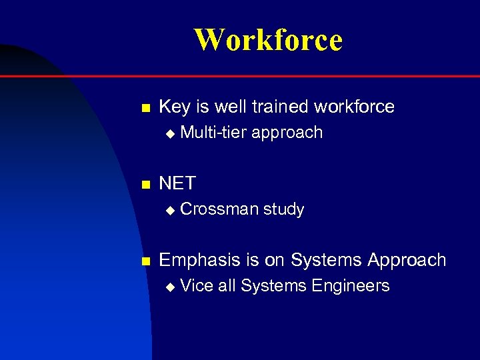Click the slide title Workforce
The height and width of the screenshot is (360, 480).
[268, 39]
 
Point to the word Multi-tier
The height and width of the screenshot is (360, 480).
[213, 133]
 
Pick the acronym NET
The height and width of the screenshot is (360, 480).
[177, 183]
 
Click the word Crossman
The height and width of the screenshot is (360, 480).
[219, 209]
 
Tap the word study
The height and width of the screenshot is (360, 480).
[283, 209]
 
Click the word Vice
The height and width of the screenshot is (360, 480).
[197, 286]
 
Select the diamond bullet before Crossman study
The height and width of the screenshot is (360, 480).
[169, 210]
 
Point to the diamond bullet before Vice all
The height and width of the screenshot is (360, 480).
[169, 287]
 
